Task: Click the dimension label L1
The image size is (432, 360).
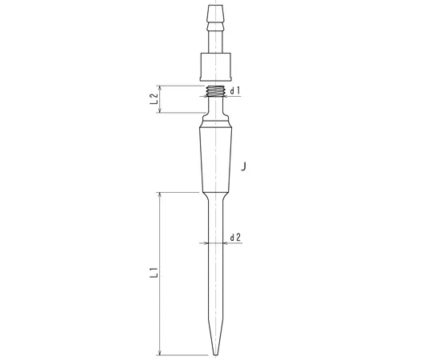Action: point(154,273)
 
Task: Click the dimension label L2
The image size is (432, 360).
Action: point(154,99)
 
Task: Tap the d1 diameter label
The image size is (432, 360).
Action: point(235,90)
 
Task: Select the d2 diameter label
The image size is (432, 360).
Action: point(235,238)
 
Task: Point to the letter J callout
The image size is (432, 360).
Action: point(243,166)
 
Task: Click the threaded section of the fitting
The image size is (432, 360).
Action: point(215,91)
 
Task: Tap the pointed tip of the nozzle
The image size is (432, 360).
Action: point(215,354)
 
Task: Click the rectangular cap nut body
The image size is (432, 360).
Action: point(215,67)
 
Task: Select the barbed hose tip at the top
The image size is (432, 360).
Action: point(215,18)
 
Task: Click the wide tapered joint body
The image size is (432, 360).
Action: point(215,160)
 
